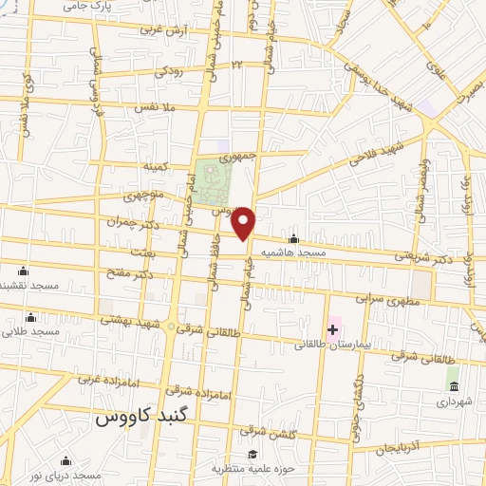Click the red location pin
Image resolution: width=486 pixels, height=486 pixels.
coord(244,223)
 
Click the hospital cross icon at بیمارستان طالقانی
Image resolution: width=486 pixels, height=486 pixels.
coord(332,329)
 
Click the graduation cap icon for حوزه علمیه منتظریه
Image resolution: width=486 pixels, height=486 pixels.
coord(252,455)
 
